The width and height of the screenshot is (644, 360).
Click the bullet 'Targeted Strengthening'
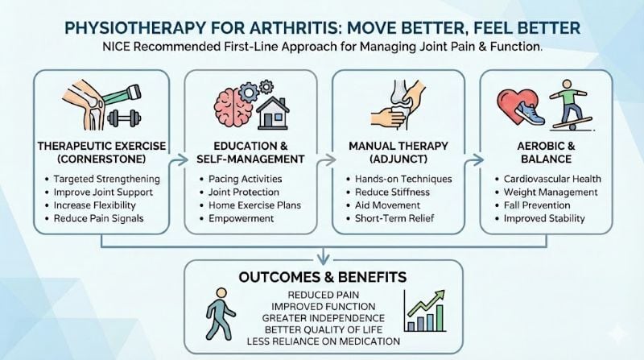tap(108, 178)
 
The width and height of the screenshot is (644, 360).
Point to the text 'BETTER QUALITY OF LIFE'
tap(320, 329)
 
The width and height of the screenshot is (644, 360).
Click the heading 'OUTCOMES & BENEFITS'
tap(321, 277)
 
